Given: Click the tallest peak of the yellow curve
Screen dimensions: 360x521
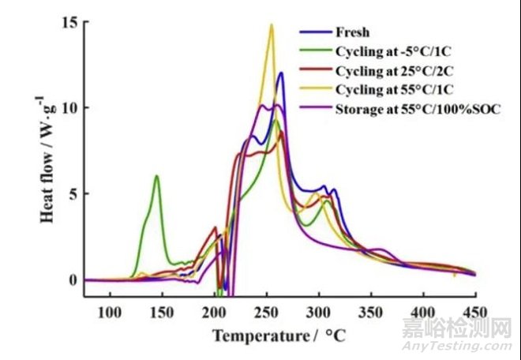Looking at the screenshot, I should tap(272, 24).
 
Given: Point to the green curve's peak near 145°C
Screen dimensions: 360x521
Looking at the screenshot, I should tap(157, 176).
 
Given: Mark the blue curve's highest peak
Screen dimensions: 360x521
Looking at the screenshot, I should tap(280, 73).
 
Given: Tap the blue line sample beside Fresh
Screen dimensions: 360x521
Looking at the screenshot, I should tap(313, 32).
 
